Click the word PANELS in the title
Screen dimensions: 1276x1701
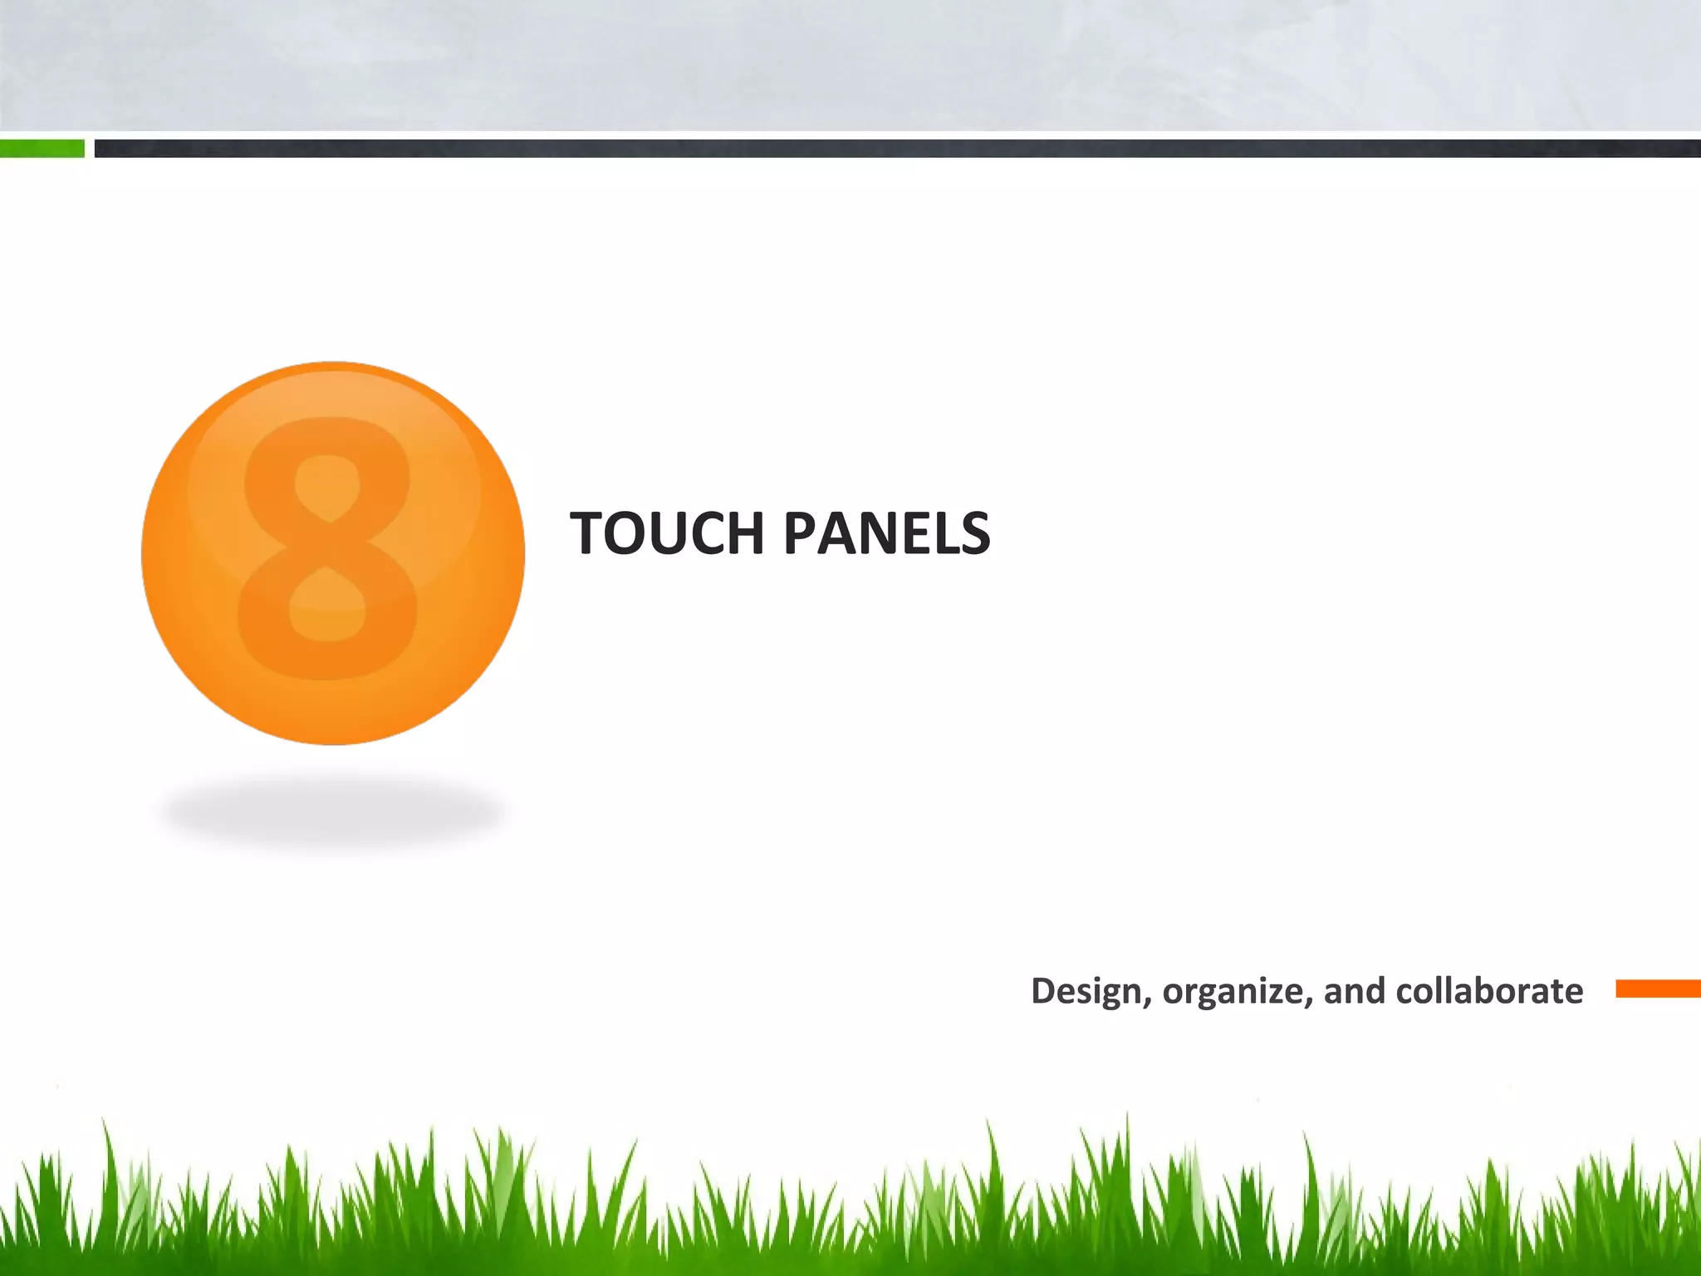coord(886,533)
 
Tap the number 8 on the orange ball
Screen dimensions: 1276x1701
coord(328,548)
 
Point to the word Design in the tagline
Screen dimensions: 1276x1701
coord(1086,991)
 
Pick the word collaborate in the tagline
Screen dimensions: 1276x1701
coord(1489,991)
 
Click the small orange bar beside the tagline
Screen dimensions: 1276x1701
coord(1658,989)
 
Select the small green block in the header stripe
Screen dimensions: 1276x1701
coord(42,149)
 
